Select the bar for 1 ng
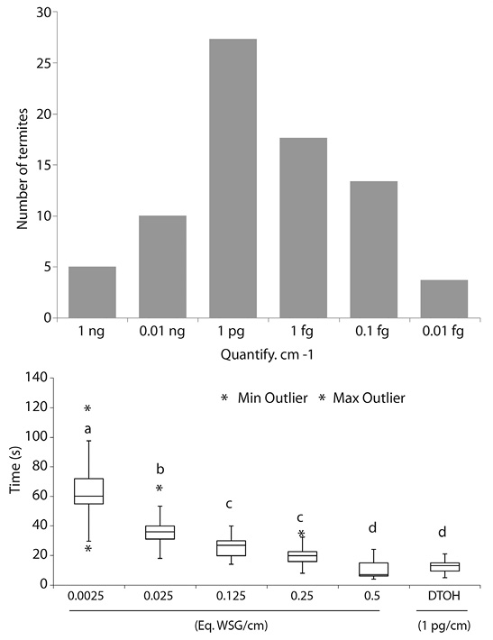click(x=91, y=292)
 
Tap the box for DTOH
click(x=444, y=566)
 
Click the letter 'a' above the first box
click(x=88, y=429)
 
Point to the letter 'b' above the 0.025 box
click(x=160, y=469)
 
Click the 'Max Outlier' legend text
click(x=372, y=398)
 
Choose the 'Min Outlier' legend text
click(x=271, y=398)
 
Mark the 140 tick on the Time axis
click(x=40, y=377)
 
